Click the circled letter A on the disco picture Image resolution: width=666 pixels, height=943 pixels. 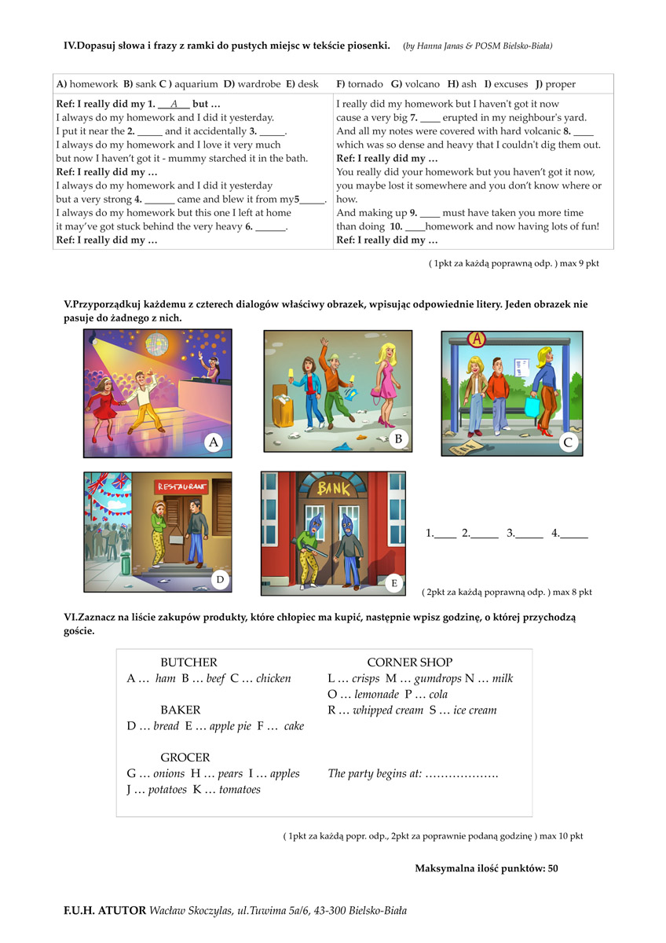click(x=214, y=442)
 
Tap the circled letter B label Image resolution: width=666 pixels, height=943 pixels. click(x=398, y=438)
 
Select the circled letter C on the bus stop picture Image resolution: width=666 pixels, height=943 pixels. click(x=569, y=442)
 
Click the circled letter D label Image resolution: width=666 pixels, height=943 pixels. click(x=221, y=579)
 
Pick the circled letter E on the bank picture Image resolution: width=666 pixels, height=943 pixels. click(x=394, y=582)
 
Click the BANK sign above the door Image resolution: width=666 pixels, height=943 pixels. click(x=335, y=489)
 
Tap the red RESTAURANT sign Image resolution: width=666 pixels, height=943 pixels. click(x=182, y=486)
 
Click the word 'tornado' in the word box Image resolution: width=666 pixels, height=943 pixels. click(x=365, y=84)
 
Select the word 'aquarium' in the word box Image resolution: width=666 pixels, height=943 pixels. click(x=196, y=84)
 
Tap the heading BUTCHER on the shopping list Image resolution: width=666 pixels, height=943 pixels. click(x=188, y=662)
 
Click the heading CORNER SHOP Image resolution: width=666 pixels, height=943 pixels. click(x=409, y=662)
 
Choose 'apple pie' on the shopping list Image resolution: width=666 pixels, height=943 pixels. click(x=221, y=726)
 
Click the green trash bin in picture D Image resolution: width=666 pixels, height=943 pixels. click(x=126, y=563)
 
